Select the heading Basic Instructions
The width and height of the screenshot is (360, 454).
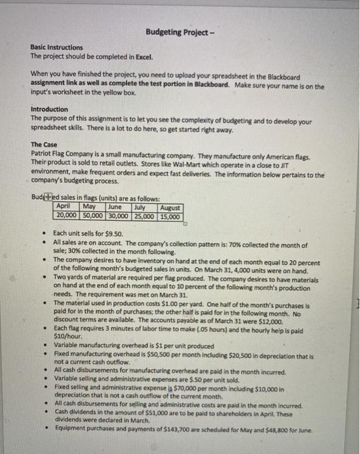point(56,47)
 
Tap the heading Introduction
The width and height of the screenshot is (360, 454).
point(49,109)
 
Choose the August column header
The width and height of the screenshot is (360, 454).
point(171,207)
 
